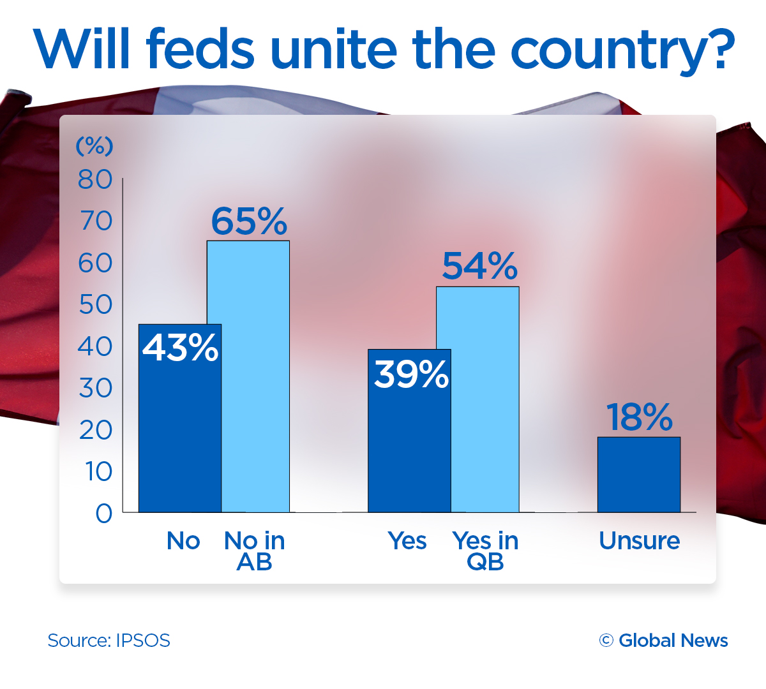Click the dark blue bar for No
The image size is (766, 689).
[x=180, y=434]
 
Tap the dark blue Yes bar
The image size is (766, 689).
[x=409, y=447]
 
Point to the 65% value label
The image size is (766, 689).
[x=249, y=221]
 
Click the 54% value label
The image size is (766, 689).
[x=479, y=266]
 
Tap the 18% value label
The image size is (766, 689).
[x=639, y=417]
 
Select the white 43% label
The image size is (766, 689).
[x=180, y=348]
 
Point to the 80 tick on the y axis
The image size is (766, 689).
[x=95, y=180]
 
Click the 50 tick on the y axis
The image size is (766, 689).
[x=95, y=305]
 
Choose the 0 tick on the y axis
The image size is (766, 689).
[x=103, y=514]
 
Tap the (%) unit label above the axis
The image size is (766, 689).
[x=94, y=146]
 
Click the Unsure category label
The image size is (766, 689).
[x=639, y=541]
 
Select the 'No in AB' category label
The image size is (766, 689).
[x=255, y=551]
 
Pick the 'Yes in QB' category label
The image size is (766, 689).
[x=485, y=551]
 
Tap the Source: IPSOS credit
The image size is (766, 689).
[x=109, y=641]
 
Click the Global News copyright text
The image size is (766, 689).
[x=664, y=641]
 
